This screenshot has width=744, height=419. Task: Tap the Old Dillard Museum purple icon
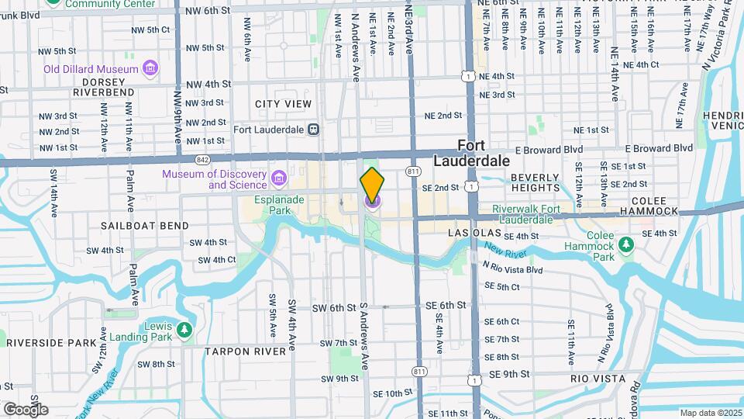click(150, 69)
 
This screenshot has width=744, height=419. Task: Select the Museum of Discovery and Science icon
click(278, 180)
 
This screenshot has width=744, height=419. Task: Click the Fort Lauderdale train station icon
click(313, 130)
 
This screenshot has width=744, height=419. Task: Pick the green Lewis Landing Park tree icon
click(184, 331)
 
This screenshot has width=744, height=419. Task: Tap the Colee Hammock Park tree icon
click(626, 246)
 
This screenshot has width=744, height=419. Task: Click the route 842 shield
click(202, 160)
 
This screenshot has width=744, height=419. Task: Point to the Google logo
click(26, 409)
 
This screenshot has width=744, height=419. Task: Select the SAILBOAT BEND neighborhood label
click(144, 226)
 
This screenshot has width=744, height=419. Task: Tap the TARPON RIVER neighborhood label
click(246, 351)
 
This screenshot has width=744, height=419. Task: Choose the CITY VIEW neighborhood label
click(283, 104)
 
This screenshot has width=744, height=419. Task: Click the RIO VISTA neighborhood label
click(597, 379)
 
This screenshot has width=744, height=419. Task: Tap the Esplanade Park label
click(270, 204)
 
